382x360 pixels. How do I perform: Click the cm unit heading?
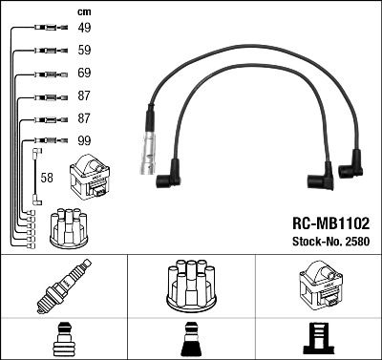[83, 11]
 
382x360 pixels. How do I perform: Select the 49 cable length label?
[85, 29]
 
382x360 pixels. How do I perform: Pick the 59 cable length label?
[85, 51]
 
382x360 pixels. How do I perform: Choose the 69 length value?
[85, 73]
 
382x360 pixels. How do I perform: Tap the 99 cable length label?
[85, 139]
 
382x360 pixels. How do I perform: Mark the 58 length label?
[49, 177]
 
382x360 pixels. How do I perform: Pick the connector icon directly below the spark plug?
[64, 339]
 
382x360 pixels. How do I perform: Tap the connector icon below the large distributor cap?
[190, 340]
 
